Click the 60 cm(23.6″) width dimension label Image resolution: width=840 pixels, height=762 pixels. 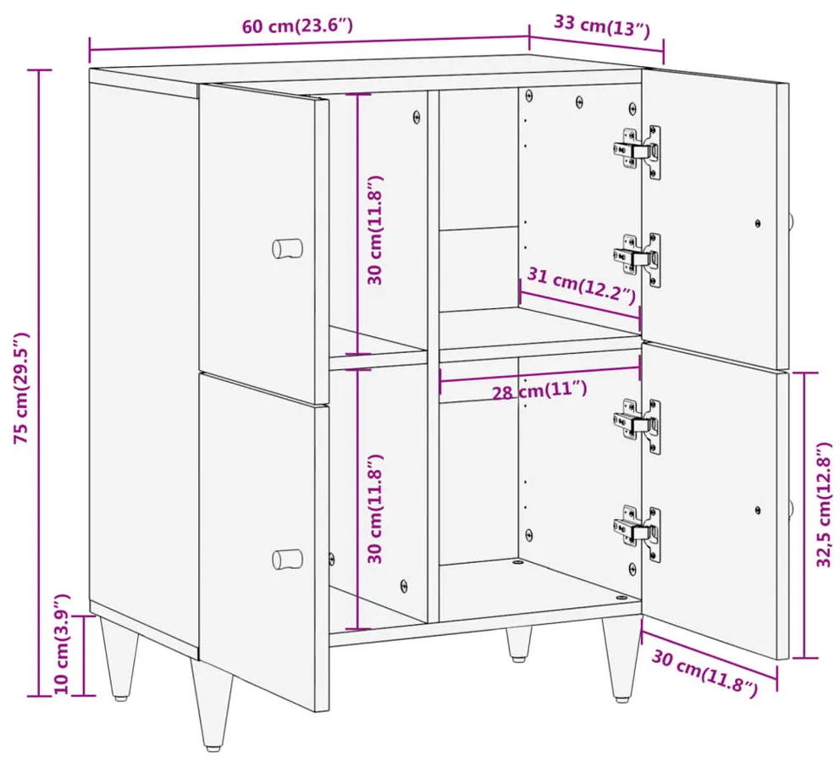[297, 25]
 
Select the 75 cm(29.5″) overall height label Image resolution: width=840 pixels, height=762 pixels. [22, 389]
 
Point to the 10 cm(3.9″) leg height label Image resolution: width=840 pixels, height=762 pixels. [62, 644]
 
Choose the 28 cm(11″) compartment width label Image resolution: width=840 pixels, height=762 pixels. [539, 389]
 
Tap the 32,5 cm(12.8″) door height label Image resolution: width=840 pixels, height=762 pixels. [824, 504]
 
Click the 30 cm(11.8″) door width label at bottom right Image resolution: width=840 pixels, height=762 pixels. [705, 674]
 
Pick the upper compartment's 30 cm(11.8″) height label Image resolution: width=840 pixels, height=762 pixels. [375, 229]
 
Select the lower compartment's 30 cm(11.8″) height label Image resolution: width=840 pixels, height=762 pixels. [375, 509]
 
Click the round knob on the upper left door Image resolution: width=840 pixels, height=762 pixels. [287, 248]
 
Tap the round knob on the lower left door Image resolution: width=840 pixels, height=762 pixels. [287, 559]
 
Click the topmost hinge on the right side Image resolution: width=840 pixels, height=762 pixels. [638, 152]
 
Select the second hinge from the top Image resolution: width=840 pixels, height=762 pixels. [638, 260]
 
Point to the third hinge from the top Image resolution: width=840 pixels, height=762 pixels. [638, 426]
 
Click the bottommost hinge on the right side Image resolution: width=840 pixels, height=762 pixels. [638, 533]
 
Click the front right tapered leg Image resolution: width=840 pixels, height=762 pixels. [621, 659]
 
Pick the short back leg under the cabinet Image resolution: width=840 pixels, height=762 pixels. [518, 644]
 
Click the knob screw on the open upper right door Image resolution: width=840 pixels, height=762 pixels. [758, 224]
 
